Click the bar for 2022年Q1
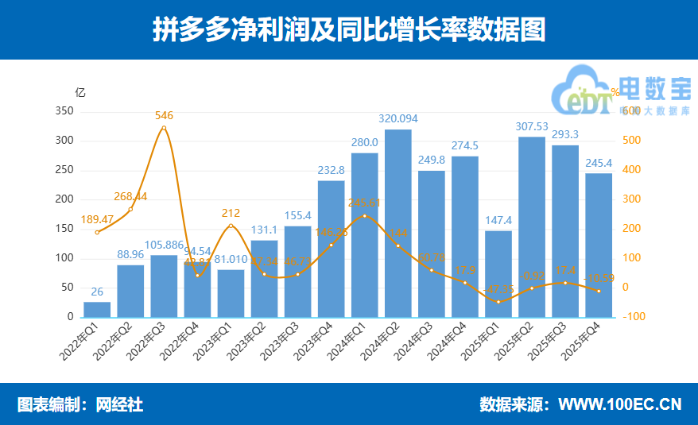click(x=97, y=309)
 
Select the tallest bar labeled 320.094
click(x=398, y=222)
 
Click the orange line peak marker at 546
click(x=164, y=128)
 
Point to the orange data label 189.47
click(x=97, y=219)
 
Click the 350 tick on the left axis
click(x=65, y=111)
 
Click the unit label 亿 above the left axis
click(x=79, y=92)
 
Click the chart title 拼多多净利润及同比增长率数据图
click(x=348, y=30)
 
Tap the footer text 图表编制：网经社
click(x=80, y=404)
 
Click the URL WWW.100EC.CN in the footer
click(x=619, y=404)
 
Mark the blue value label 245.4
click(x=599, y=163)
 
